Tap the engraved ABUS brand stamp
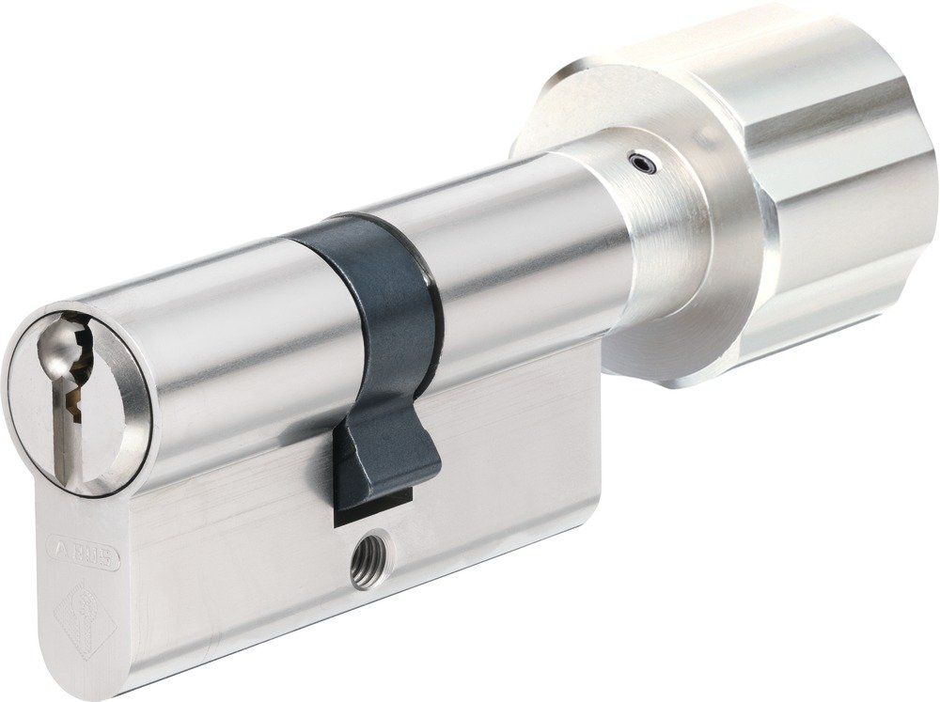[84, 554]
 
